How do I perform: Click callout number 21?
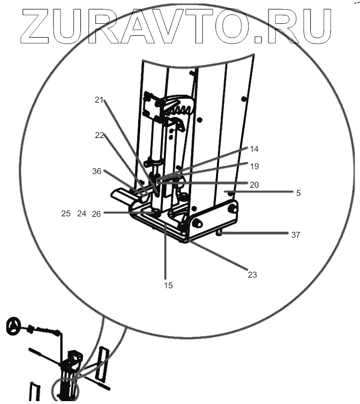click(99, 100)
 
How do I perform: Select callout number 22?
click(99, 136)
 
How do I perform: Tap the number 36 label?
click(96, 171)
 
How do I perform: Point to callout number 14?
click(255, 149)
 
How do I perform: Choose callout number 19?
click(255, 166)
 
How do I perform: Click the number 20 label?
click(255, 185)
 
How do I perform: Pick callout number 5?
click(298, 193)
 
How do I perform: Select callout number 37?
click(295, 235)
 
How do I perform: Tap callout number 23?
click(252, 275)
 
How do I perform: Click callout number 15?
click(168, 285)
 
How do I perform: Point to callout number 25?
click(66, 213)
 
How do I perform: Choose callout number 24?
click(82, 213)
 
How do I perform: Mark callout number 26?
click(96, 213)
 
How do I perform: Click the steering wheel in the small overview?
click(15, 326)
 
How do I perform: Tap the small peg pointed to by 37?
click(219, 234)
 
